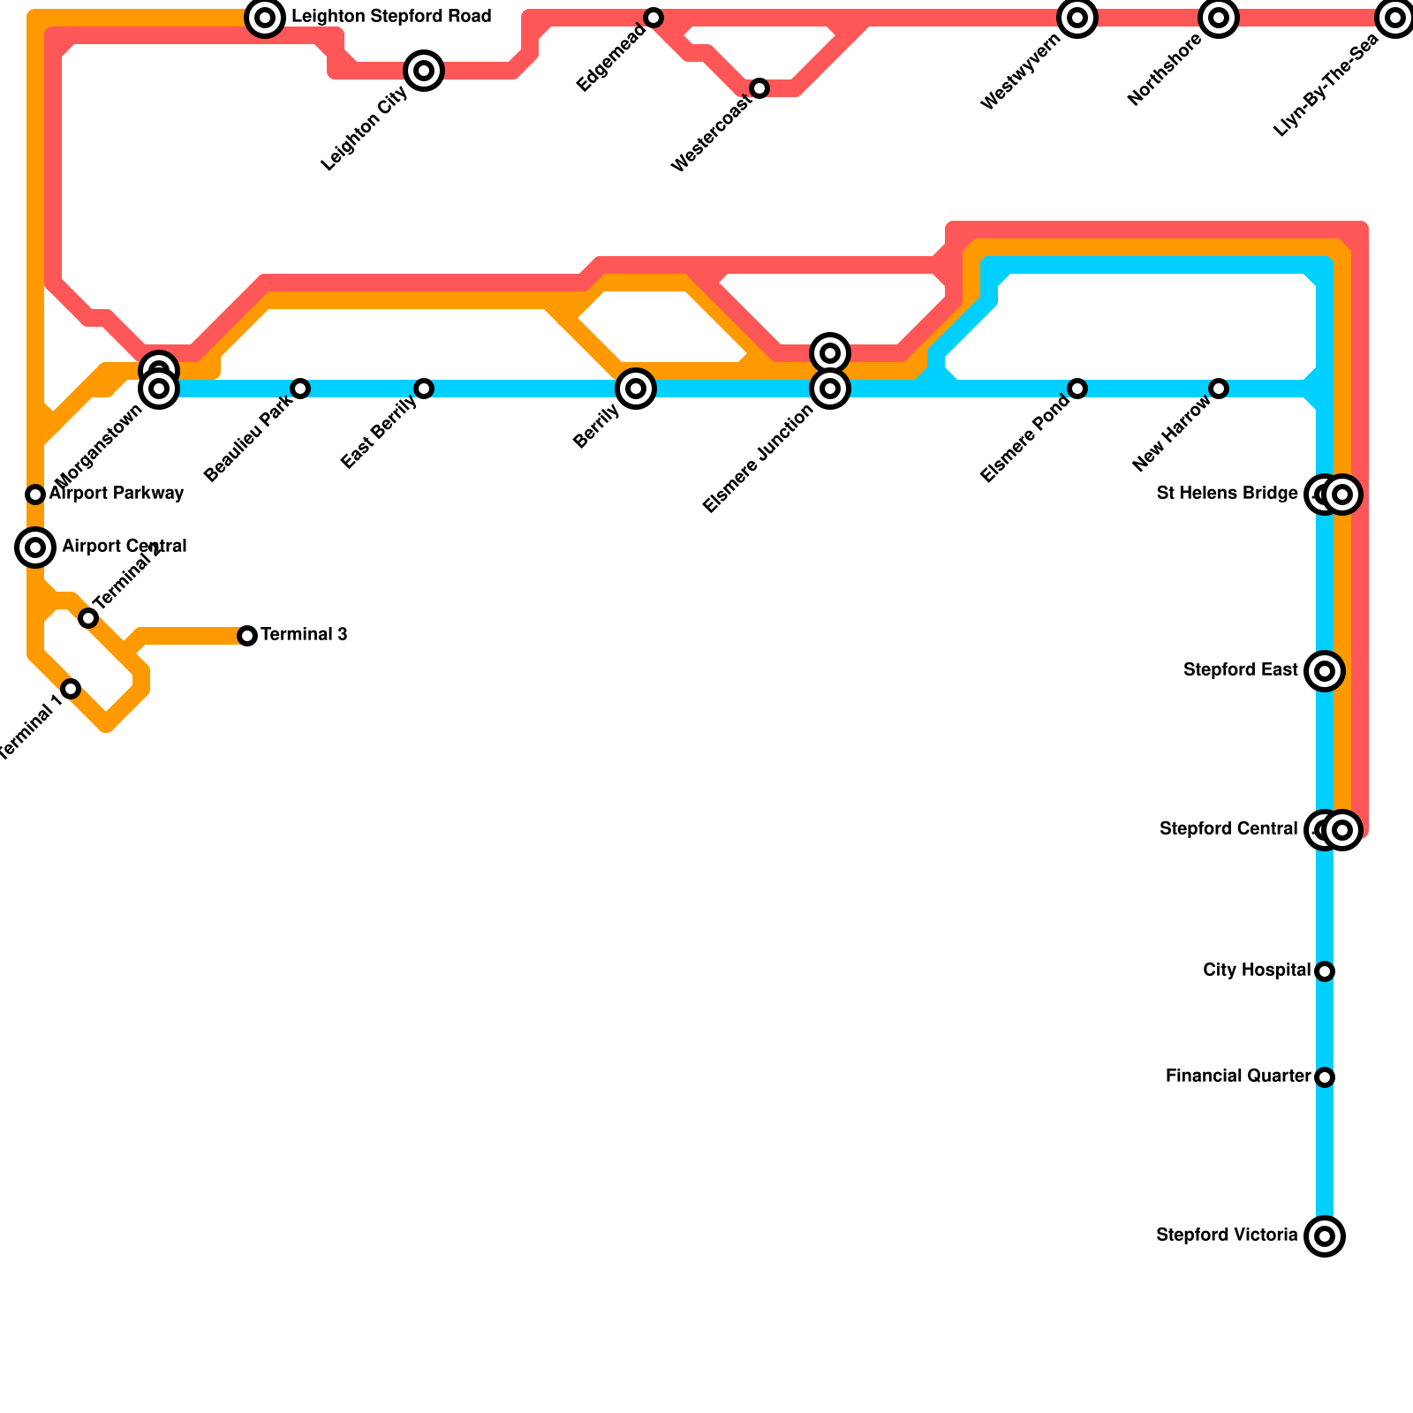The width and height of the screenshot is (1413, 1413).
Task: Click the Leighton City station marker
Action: pyautogui.click(x=424, y=71)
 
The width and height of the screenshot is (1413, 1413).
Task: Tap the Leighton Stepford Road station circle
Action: pyautogui.click(x=265, y=18)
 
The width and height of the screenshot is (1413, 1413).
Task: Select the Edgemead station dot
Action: pyautogui.click(x=654, y=18)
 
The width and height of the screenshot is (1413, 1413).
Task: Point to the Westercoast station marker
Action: pyautogui.click(x=759, y=88)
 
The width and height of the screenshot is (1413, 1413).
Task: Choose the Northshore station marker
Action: pyautogui.click(x=1219, y=18)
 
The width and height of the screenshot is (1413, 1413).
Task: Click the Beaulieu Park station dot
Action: pyautogui.click(x=300, y=389)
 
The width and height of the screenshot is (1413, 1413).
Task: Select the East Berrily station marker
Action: pyautogui.click(x=424, y=389)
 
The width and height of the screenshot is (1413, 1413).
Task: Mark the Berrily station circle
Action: pyautogui.click(x=636, y=389)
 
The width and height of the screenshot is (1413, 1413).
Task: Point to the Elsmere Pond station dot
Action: pyautogui.click(x=1077, y=389)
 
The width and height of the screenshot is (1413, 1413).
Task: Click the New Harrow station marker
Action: pyautogui.click(x=1219, y=389)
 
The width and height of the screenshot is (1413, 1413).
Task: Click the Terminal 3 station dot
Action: pyautogui.click(x=247, y=636)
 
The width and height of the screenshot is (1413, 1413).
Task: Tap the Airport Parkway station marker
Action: pyautogui.click(x=35, y=495)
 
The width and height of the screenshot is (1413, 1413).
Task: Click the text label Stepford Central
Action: pyautogui.click(x=1228, y=829)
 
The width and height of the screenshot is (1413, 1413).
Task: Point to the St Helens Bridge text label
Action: pyautogui.click(x=1227, y=494)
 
